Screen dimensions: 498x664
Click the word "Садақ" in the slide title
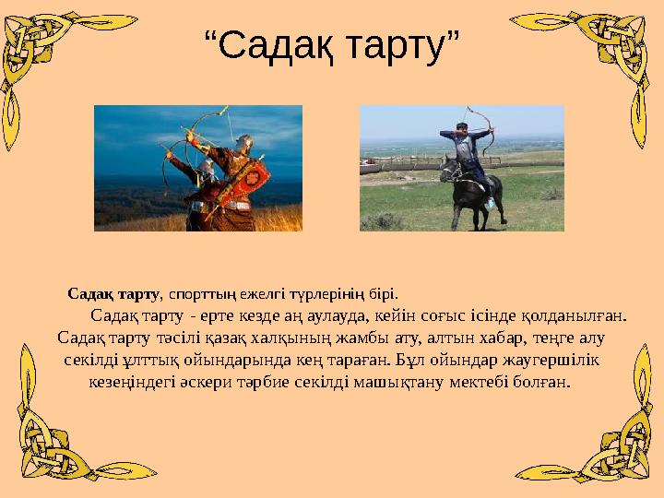coord(276,43)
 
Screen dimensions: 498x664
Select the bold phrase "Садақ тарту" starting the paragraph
coord(113,294)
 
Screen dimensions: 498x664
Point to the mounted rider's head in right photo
coord(460,127)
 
